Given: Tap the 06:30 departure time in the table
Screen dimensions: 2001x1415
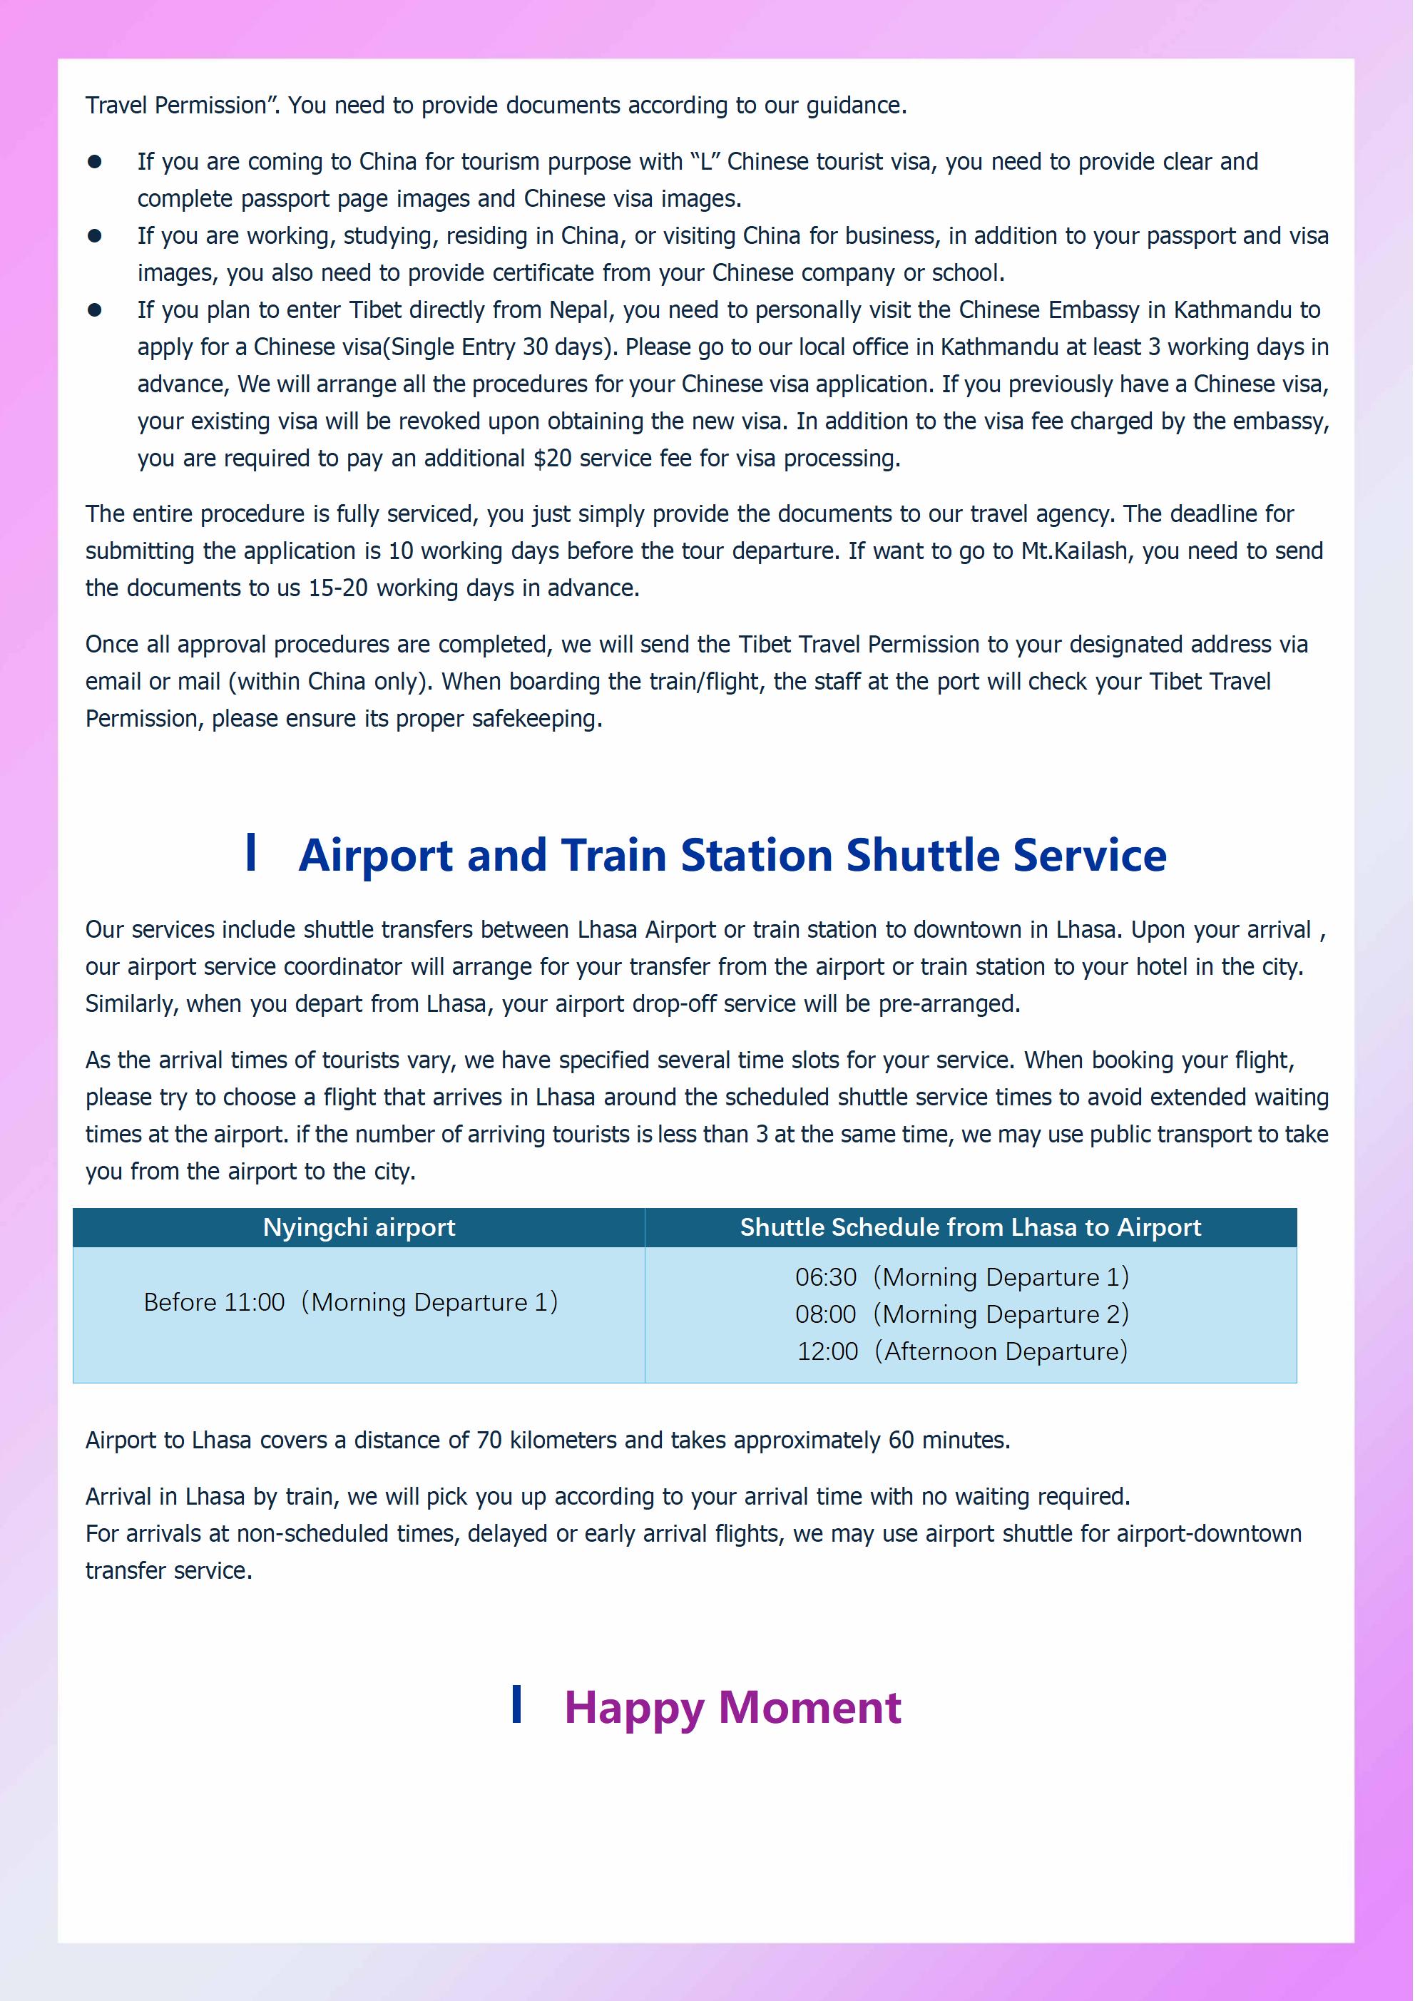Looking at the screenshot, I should [x=826, y=1278].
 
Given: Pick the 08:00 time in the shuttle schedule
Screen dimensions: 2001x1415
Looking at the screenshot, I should [x=826, y=1314].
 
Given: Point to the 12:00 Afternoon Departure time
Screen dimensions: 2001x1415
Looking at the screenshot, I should [x=827, y=1352].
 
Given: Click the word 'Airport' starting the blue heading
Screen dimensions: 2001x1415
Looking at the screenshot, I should [x=376, y=855].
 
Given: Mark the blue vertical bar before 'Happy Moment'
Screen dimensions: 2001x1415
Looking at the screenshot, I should [x=517, y=1704].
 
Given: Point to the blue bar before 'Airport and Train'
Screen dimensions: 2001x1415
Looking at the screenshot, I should [x=251, y=851].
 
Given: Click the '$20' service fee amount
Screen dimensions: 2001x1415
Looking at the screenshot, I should [x=552, y=459].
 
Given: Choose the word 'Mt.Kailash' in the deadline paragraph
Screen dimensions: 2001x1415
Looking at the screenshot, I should [x=1074, y=551].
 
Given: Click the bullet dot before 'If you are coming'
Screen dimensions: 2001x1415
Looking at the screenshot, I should [x=95, y=162].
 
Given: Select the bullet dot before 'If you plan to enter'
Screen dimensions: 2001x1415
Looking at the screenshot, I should [x=95, y=310].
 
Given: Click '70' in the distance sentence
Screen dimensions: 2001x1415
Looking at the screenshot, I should [x=489, y=1440].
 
